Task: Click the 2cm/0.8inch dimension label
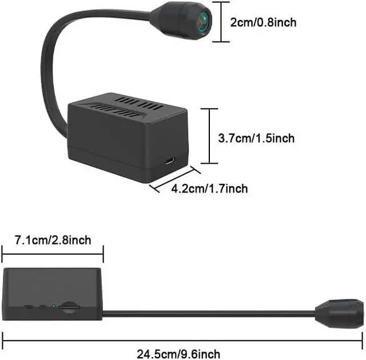263,23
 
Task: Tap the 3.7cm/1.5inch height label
256,138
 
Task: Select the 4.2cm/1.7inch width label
210,188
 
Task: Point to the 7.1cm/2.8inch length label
53,240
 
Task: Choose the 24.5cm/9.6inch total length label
178,354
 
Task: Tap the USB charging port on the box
170,161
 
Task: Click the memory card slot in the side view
69,307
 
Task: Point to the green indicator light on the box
54,306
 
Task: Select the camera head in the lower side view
339,314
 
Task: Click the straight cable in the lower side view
209,314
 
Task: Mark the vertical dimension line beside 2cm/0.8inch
221,22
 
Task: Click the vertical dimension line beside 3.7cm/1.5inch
209,136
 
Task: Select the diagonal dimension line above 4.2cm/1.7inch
175,179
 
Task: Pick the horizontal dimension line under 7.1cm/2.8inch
53,254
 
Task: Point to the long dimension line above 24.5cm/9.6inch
182,341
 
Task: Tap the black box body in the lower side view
52,294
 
